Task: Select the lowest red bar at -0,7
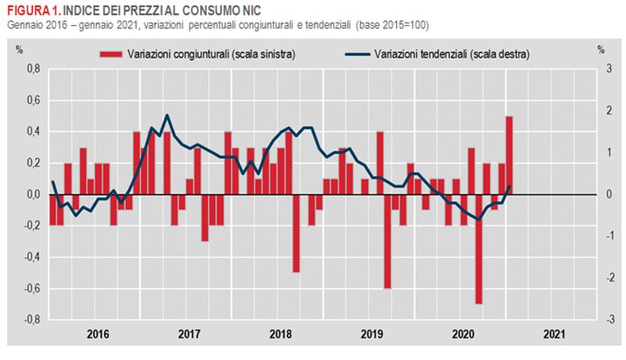479,249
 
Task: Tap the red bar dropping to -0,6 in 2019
387,241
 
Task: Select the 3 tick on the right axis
601,69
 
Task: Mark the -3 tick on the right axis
600,319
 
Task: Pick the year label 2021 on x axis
552,333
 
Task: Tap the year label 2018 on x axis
279,333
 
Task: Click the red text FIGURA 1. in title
32,9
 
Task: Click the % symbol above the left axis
20,49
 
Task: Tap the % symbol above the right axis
601,49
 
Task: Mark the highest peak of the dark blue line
167,115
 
